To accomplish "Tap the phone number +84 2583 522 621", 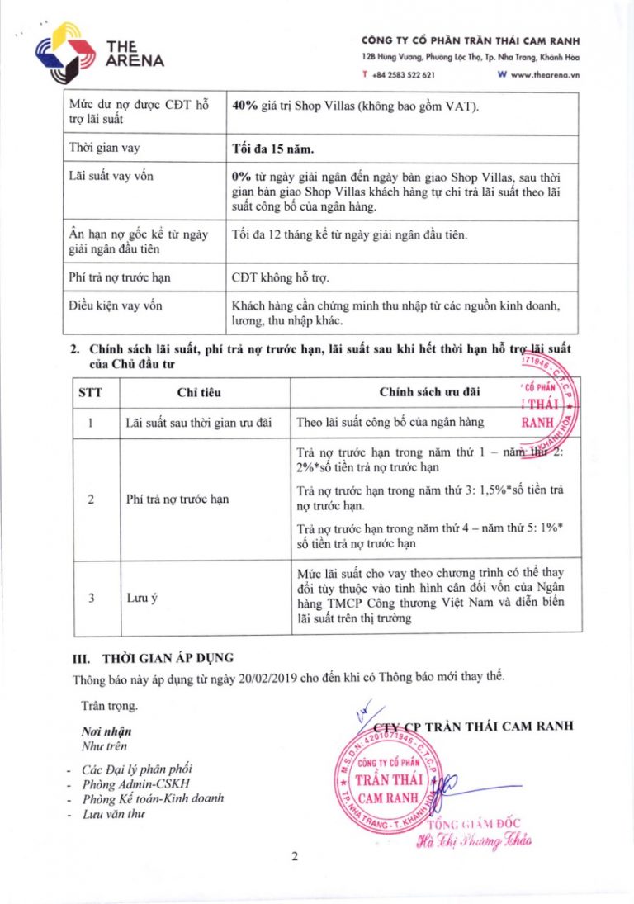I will (404, 74).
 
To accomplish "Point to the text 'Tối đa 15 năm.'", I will (273, 151).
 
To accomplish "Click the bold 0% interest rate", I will (242, 177).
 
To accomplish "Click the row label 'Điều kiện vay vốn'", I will (116, 305).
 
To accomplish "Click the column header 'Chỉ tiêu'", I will (199, 392).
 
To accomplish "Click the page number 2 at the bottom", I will (294, 856).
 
